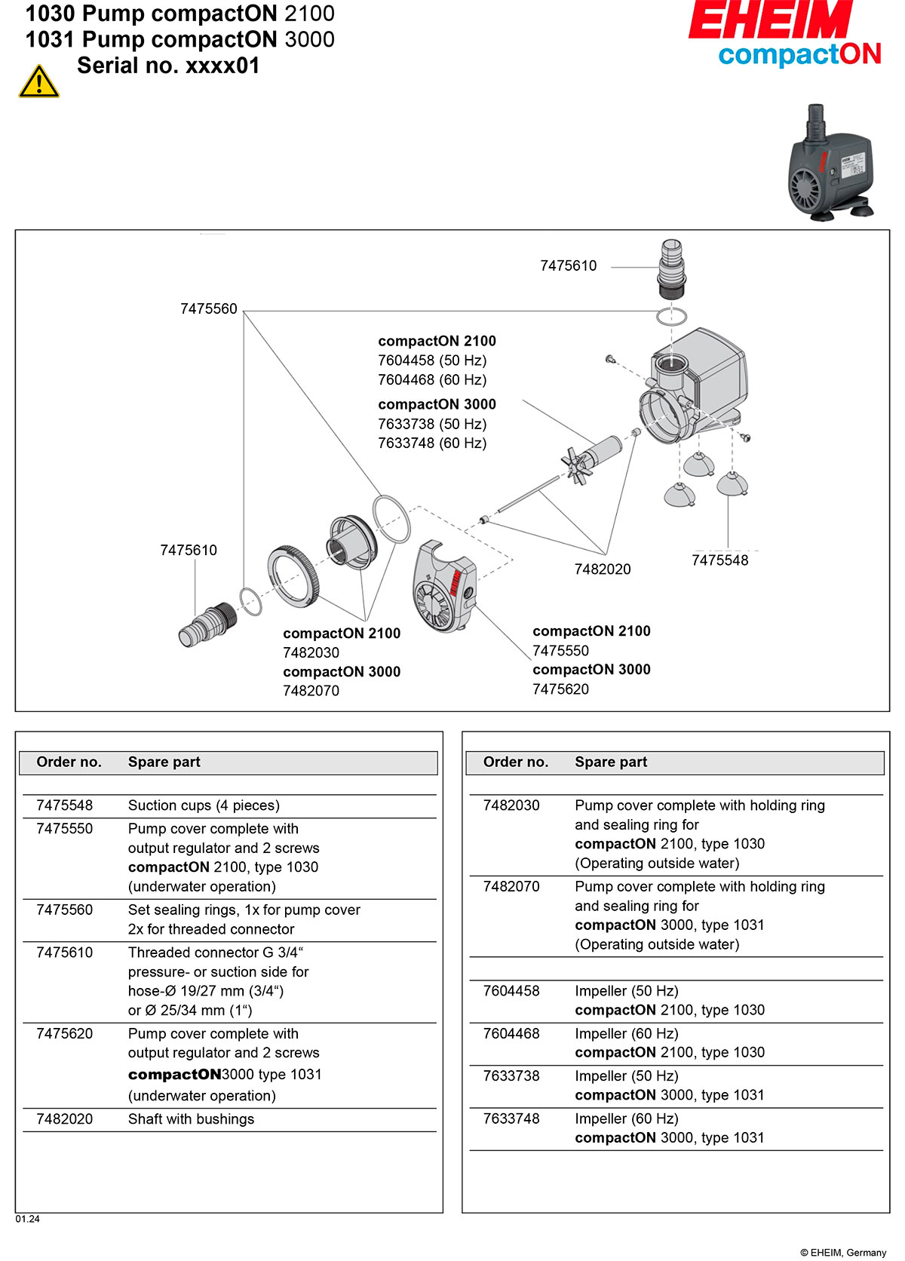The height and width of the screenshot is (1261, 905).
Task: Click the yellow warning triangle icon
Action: [x=38, y=82]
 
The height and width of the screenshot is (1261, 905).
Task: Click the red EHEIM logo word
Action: [x=770, y=20]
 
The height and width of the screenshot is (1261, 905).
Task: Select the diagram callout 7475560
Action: [x=209, y=308]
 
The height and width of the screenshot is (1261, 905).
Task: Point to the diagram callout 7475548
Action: [x=719, y=560]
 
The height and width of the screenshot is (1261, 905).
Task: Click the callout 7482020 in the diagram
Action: [x=603, y=569]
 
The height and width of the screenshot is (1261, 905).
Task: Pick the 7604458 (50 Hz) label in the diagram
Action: [x=432, y=361]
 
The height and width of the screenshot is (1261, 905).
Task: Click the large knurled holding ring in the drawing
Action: [x=293, y=575]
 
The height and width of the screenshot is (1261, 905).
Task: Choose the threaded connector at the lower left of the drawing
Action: [x=208, y=624]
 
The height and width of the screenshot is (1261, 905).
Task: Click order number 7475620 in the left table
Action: [x=65, y=1033]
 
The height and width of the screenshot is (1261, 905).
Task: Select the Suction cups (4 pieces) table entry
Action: [x=204, y=805]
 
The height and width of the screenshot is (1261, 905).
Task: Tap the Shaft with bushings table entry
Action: [x=191, y=1119]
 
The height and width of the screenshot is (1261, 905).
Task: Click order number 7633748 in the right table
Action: [x=511, y=1118]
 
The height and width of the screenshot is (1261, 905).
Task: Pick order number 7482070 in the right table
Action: [x=511, y=886]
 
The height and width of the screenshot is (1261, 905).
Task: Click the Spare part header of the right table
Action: [x=611, y=762]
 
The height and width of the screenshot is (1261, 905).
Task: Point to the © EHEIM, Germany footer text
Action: [x=843, y=1253]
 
